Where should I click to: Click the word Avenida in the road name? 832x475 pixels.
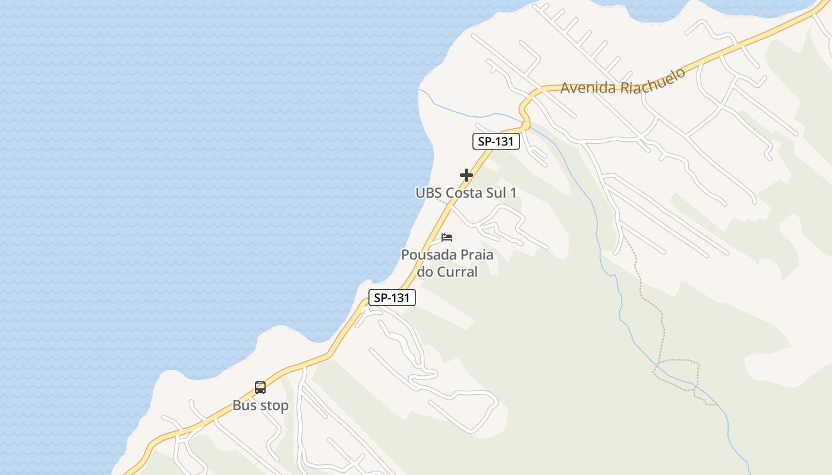tap(588, 88)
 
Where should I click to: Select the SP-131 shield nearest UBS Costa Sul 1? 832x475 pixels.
tap(496, 141)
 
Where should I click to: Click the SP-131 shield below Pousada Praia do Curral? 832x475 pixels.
tap(392, 298)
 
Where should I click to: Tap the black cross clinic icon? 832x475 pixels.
tap(467, 175)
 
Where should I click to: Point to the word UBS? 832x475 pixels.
tap(428, 193)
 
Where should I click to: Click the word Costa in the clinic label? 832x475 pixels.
tap(465, 193)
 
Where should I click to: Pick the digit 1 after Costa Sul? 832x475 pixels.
tap(513, 193)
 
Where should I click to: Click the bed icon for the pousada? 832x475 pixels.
tap(447, 237)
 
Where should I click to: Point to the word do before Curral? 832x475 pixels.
tap(425, 272)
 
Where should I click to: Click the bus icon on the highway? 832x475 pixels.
tap(260, 388)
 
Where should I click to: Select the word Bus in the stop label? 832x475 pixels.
tap(244, 406)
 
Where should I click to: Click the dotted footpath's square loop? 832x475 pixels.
tap(676, 374)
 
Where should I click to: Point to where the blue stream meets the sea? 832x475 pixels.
tap(419, 90)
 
